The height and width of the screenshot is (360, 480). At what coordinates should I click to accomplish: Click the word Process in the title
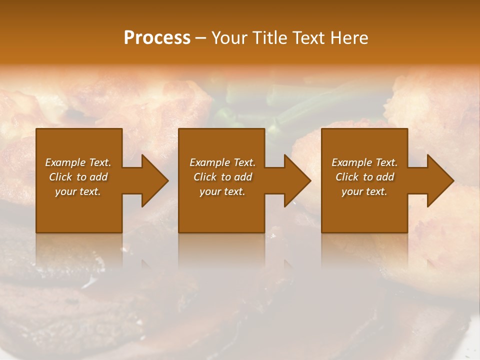click(157, 38)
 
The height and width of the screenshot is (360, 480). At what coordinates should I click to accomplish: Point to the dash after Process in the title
click(200, 38)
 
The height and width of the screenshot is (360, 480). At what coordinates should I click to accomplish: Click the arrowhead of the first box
click(152, 180)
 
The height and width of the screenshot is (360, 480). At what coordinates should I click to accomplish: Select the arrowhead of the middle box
click(295, 180)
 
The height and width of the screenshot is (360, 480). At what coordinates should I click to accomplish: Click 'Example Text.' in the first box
click(78, 162)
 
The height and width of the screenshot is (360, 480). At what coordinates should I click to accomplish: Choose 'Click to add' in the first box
click(78, 177)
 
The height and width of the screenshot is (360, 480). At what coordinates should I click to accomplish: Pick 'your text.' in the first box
click(78, 191)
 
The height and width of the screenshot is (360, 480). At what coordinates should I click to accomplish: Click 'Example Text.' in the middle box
click(222, 162)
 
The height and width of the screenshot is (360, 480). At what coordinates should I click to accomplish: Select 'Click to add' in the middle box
click(222, 177)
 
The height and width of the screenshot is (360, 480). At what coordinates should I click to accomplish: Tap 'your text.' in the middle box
click(222, 191)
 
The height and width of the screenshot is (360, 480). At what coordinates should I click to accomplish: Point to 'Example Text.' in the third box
click(364, 162)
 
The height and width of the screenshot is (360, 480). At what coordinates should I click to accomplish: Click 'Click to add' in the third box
click(364, 177)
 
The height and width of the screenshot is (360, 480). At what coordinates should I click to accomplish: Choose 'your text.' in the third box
click(364, 191)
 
